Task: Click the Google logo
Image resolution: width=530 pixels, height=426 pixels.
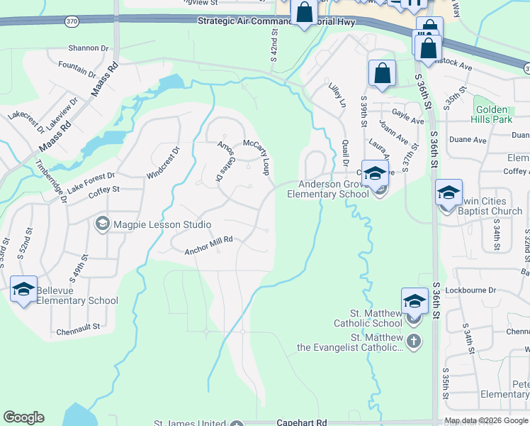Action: (x=23, y=417)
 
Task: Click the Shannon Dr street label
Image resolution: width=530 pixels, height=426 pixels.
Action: (x=89, y=48)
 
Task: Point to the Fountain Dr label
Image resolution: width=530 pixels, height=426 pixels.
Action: (x=77, y=69)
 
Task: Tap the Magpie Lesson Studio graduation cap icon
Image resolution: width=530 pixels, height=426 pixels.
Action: (x=103, y=224)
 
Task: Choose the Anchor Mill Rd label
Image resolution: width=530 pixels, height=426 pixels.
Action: (x=208, y=246)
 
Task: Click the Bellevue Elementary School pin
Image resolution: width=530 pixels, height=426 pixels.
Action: (x=23, y=290)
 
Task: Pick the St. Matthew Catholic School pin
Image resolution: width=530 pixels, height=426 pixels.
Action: (x=415, y=302)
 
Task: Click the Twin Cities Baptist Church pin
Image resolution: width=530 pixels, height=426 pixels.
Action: (x=449, y=194)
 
